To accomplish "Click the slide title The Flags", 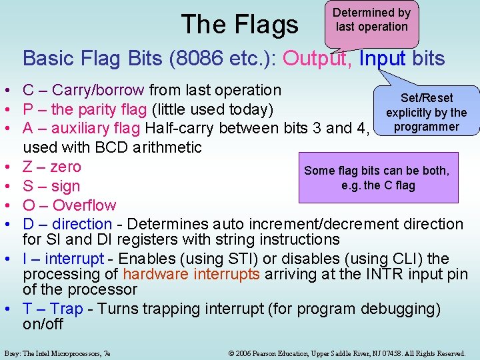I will coord(240,24).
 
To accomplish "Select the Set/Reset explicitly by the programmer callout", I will coord(426,112).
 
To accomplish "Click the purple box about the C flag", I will coord(377,178).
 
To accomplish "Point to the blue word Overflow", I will coord(84,205).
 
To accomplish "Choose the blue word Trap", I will coord(67,309).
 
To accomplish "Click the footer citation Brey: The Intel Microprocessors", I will coord(57,353).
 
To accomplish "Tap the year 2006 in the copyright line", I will coord(247,353).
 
